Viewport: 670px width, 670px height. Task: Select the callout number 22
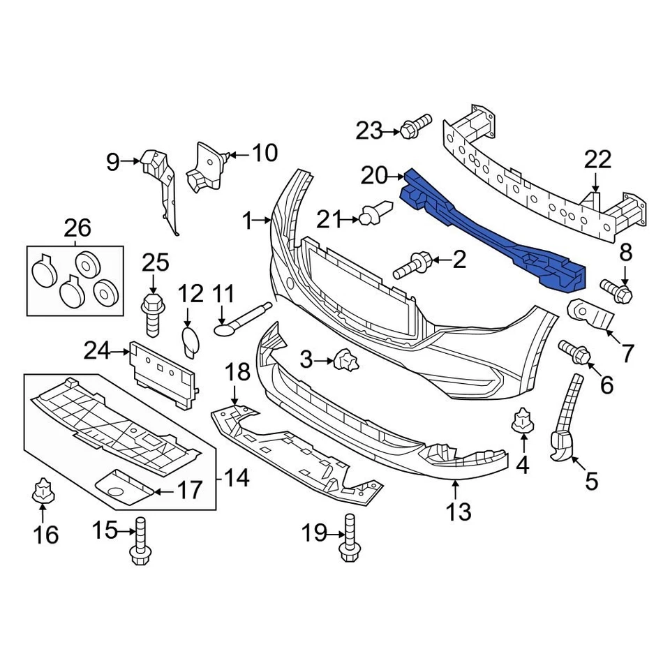click(x=597, y=160)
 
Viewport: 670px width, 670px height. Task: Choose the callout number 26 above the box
click(x=77, y=228)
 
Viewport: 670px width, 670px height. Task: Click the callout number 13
click(x=459, y=512)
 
